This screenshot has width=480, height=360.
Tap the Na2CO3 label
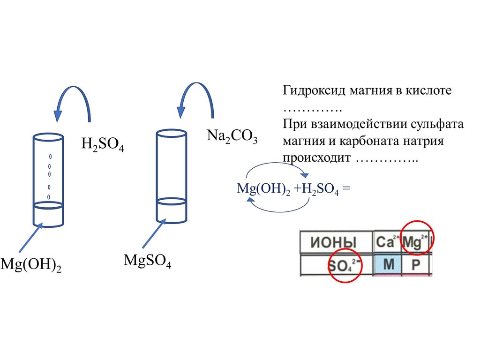(x=232, y=137)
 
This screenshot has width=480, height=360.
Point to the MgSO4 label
(x=147, y=261)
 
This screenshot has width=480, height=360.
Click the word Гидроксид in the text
(x=314, y=90)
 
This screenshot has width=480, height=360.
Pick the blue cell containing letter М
(x=388, y=265)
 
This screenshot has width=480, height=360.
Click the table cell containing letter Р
(x=416, y=265)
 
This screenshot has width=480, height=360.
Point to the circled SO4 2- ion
(x=345, y=265)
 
